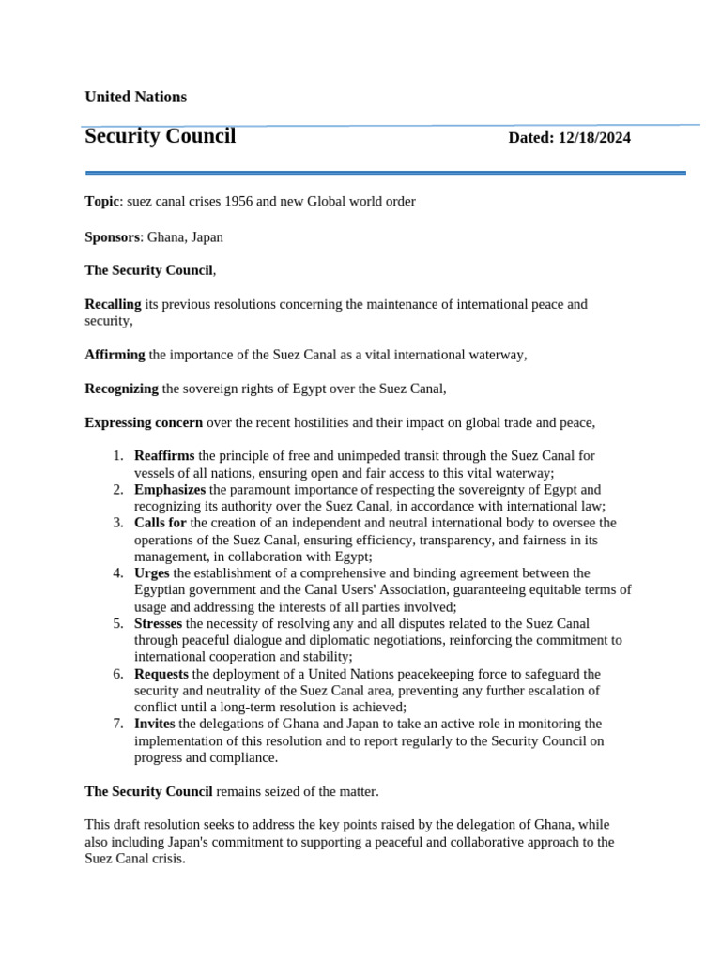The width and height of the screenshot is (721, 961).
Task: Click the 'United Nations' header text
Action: pos(135,97)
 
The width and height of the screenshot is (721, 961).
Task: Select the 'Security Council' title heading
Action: pos(160,136)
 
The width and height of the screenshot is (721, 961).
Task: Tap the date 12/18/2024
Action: pos(594,138)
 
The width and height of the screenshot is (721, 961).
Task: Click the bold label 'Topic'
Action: pos(101,202)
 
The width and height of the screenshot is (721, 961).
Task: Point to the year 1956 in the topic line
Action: pos(253,202)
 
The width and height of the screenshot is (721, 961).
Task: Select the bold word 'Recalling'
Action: pos(113,304)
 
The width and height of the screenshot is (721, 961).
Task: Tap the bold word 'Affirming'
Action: pos(115,355)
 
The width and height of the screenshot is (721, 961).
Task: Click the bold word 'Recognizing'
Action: pos(122,389)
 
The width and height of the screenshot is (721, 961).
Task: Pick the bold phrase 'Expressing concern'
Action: pos(144,423)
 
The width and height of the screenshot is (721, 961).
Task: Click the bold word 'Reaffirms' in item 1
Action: pos(164,456)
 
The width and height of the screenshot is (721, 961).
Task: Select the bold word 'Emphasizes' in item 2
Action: pos(170,490)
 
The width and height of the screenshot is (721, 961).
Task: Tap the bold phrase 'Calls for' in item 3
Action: pos(161,523)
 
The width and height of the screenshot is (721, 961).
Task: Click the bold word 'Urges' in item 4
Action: pos(152,572)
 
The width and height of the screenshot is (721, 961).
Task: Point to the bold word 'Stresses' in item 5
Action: pos(159,623)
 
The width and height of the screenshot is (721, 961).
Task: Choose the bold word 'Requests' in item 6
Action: pos(161,674)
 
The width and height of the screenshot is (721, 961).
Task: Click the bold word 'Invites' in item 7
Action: pos(155,724)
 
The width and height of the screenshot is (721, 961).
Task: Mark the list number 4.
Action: pos(117,572)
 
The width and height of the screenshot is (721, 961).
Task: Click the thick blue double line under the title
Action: pos(385,173)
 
